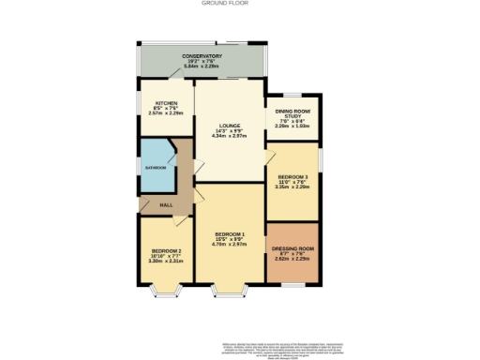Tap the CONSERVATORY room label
click(x=202, y=57)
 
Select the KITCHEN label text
click(x=166, y=103)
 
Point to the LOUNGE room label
click(x=230, y=124)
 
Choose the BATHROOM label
click(x=155, y=167)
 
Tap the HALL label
click(x=166, y=204)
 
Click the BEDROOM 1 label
click(x=230, y=232)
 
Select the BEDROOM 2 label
click(x=166, y=251)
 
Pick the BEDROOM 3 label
click(x=292, y=176)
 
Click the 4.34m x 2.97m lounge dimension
click(x=230, y=136)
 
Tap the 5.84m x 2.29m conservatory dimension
click(x=202, y=67)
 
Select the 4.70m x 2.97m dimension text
click(x=230, y=244)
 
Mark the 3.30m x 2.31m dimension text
click(x=166, y=262)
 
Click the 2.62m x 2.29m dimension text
click(x=293, y=259)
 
